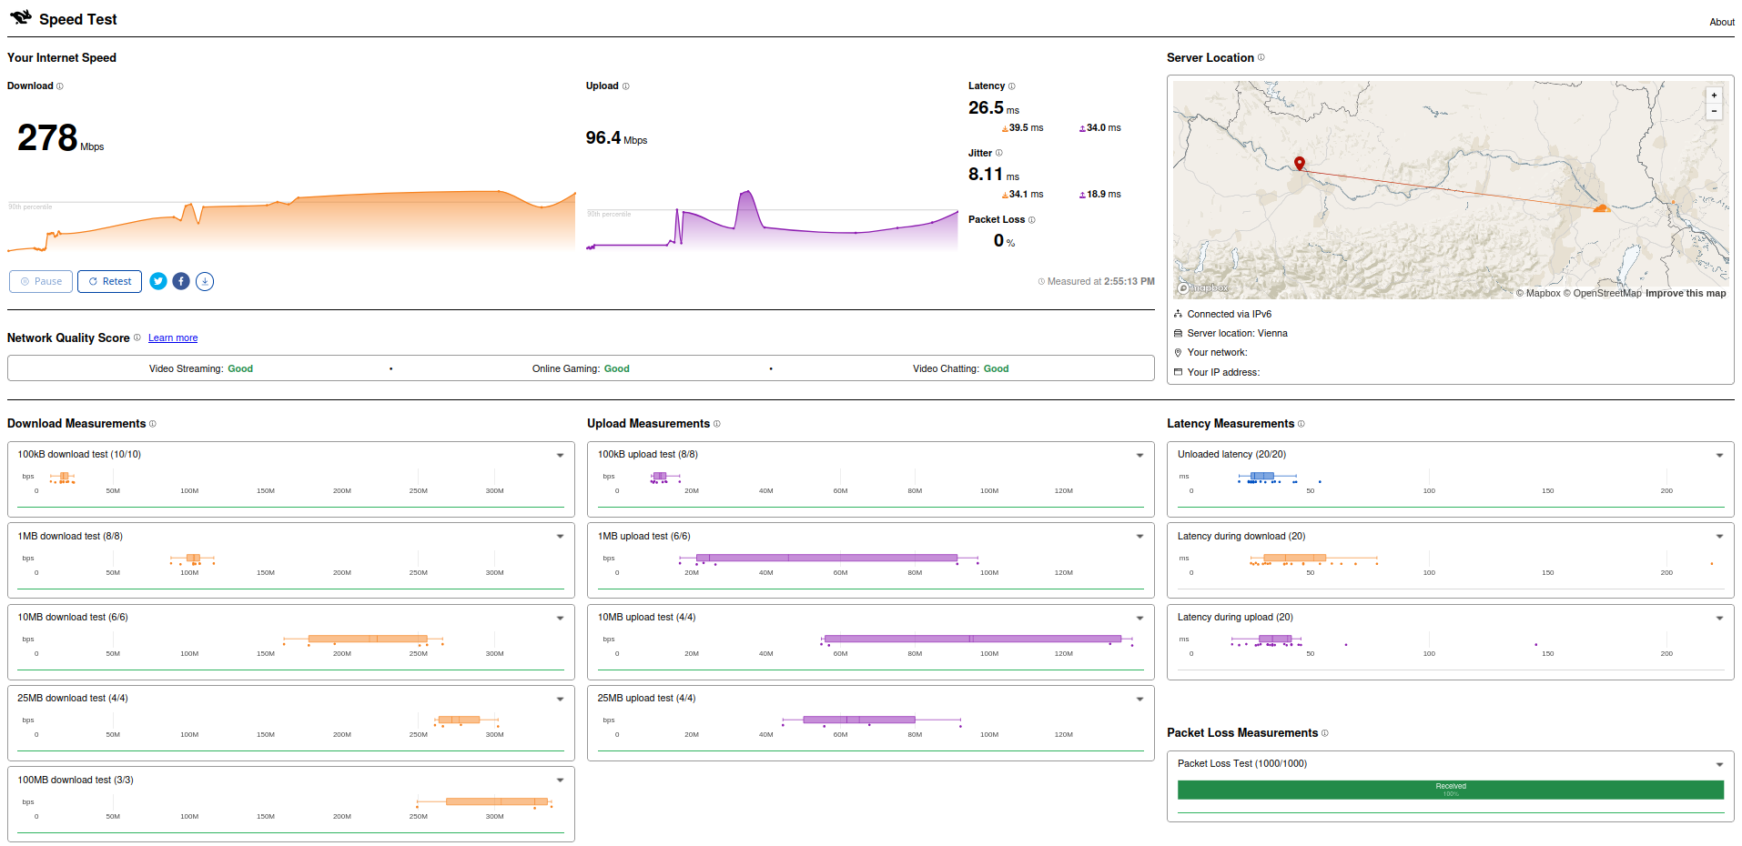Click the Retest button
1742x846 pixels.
109,281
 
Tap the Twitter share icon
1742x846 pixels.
158,281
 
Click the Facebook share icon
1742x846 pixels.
181,281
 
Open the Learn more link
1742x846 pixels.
173,338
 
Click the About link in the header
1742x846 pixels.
1721,22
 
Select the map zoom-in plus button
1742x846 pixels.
1714,96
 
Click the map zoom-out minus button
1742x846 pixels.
1714,111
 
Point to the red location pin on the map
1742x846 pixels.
1300,164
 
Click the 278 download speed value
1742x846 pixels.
47,138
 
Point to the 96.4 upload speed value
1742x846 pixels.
603,138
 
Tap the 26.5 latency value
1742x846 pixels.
986,108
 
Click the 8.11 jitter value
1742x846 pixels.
985,175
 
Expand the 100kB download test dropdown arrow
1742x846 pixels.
560,455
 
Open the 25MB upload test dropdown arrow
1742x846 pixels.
1139,699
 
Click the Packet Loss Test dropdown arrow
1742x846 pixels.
1719,764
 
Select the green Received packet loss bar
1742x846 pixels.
1450,790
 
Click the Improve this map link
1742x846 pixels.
1685,293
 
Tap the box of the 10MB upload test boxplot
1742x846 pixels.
972,639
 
